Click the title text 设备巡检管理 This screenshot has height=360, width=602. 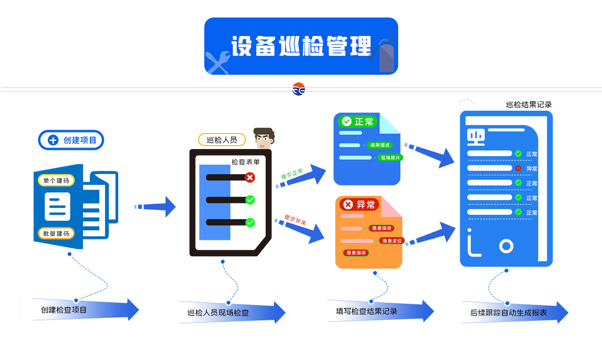[301, 46]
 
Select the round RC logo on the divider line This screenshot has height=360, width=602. [298, 89]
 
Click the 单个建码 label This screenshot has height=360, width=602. [56, 181]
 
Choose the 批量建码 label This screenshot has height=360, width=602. [56, 234]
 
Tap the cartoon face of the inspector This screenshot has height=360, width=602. [264, 139]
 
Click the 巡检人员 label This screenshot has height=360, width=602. [222, 140]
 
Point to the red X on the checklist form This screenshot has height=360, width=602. [250, 177]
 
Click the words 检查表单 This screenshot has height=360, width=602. [245, 162]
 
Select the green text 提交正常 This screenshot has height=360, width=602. [292, 174]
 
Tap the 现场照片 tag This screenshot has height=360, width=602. [390, 158]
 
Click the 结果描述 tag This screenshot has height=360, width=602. [380, 145]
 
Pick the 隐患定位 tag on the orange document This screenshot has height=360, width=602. [392, 241]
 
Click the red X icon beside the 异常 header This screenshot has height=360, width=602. [348, 204]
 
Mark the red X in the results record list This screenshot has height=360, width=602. [518, 168]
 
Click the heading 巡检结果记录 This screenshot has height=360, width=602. [529, 105]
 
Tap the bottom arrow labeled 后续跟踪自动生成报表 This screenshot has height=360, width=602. [514, 313]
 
